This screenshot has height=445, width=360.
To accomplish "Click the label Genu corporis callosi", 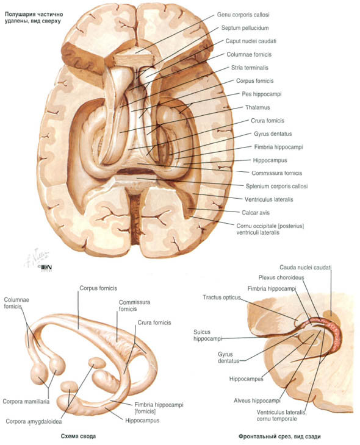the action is tap(243, 15).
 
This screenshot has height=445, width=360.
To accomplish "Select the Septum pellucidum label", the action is tap(245, 28).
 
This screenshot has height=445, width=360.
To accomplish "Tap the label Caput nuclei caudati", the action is tap(251, 41).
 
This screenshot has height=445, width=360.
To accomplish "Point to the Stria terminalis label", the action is tap(250, 68).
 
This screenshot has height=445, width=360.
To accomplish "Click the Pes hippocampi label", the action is tap(261, 94).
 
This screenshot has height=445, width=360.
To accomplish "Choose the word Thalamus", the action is tap(257, 107).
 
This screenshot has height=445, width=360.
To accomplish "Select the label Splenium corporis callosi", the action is tap(276, 186).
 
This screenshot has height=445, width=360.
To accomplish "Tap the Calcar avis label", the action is tap(256, 213).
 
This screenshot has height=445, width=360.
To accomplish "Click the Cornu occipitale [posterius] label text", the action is tap(270, 229).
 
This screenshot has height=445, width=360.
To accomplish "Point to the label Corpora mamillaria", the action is tap(26, 402).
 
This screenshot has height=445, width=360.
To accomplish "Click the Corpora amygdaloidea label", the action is tap(34, 421).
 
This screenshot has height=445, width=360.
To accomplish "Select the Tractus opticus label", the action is tap(221, 297).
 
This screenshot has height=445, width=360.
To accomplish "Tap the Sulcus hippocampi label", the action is tap(207, 335).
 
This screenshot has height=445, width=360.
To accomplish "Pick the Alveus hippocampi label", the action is tap(257, 400).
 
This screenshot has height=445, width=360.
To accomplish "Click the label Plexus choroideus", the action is tap(281, 277).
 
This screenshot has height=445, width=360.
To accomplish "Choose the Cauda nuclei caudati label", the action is tap(306, 268).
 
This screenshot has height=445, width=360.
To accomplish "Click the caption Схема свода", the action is tap(78, 436).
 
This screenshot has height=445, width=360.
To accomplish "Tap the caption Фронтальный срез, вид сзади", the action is tap(279, 436).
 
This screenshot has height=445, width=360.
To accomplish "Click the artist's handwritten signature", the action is tap(37, 258).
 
